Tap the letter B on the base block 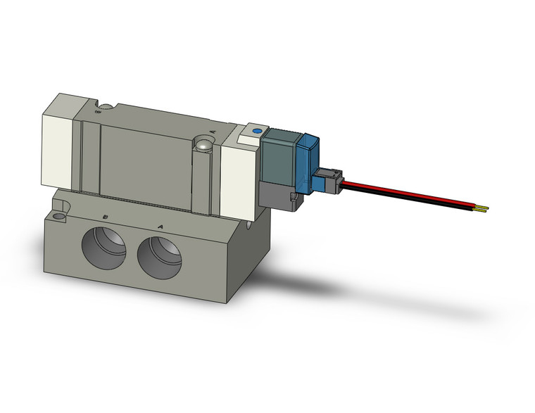[106, 217]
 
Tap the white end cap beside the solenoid [239, 175]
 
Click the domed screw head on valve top [203, 145]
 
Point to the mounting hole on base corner [58, 208]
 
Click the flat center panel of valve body [144, 162]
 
